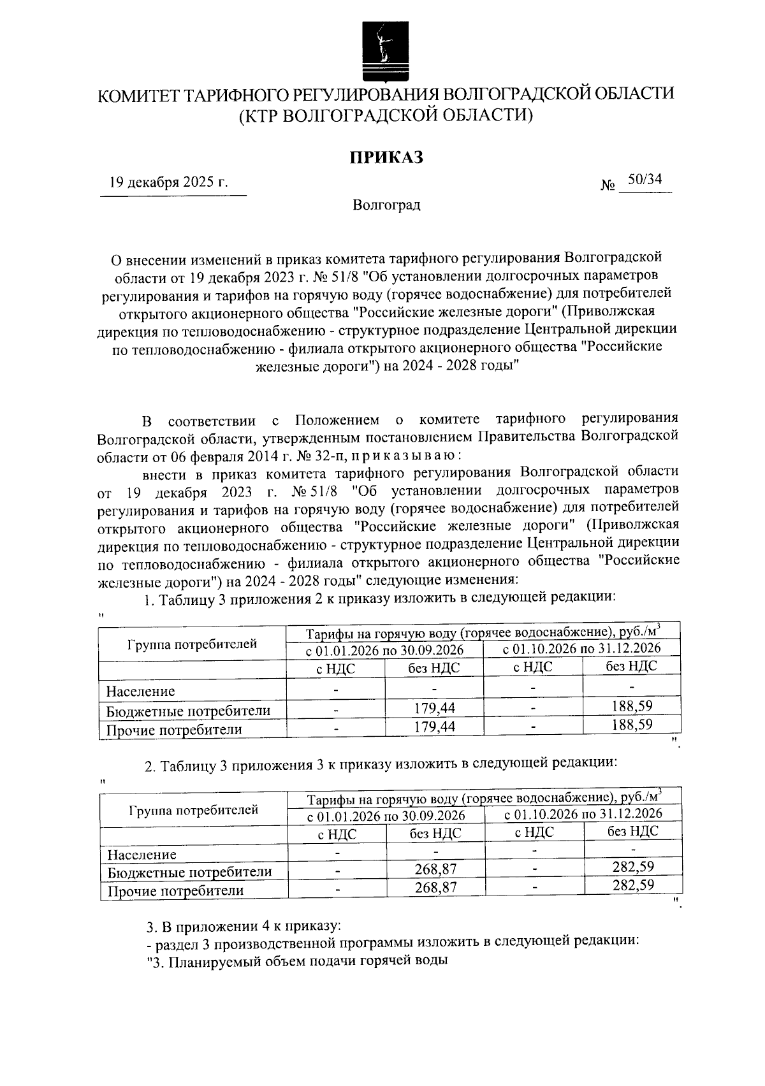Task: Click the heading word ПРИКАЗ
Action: tap(386, 157)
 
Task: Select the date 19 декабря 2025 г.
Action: tap(168, 182)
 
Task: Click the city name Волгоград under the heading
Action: tap(386, 206)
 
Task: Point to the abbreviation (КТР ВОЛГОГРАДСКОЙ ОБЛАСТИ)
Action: tap(386, 115)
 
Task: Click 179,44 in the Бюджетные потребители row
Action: tap(434, 708)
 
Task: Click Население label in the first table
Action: tap(140, 691)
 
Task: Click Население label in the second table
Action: tap(142, 855)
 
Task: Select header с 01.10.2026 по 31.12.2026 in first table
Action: tap(581, 649)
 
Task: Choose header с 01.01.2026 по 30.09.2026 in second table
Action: tap(386, 816)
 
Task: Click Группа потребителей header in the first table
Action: tap(192, 644)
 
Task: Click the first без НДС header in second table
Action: tap(435, 833)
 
